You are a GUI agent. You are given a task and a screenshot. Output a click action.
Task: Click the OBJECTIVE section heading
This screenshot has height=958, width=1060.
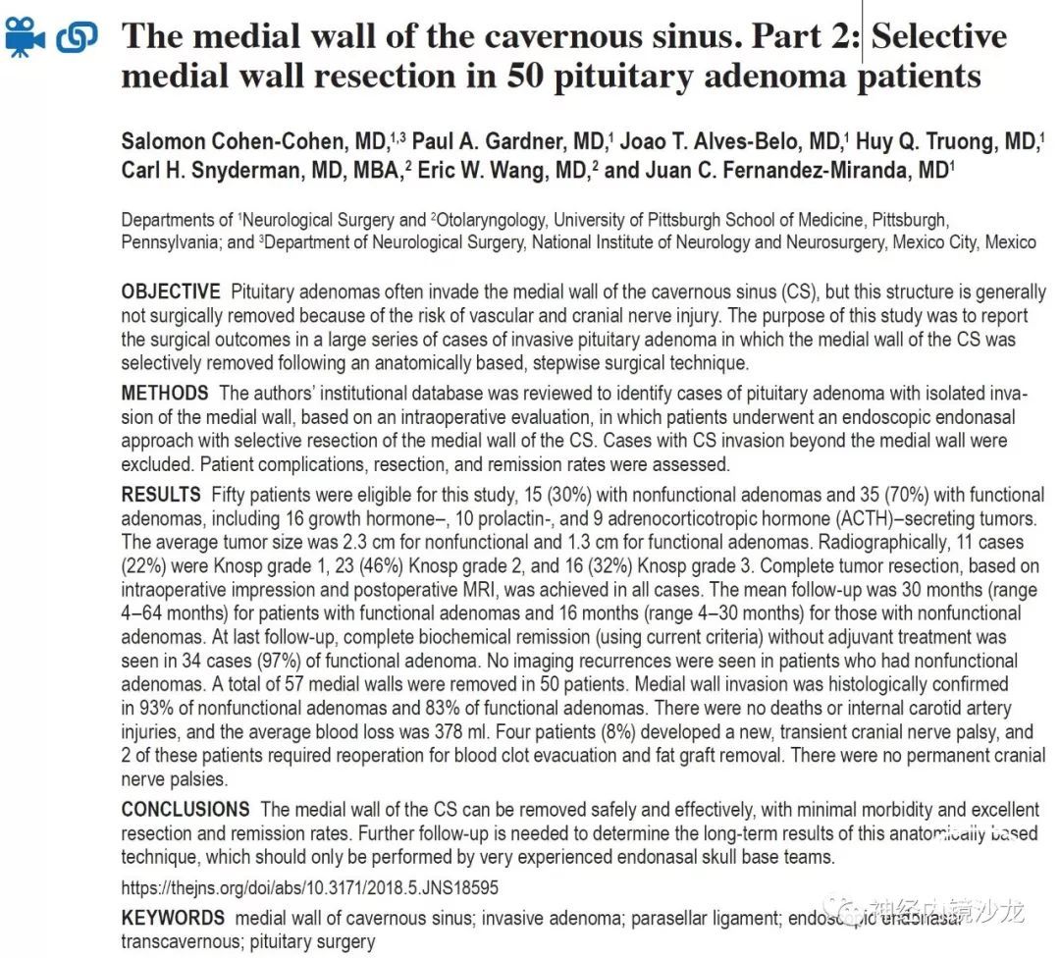[171, 292]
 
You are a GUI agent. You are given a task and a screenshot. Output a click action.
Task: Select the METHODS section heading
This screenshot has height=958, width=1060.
[165, 393]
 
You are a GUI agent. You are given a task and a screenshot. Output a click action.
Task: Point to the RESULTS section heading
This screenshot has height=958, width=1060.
[161, 494]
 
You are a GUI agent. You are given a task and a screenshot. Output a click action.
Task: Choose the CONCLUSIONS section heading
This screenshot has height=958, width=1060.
[185, 810]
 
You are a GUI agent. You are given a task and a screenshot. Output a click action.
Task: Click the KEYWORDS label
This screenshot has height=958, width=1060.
[173, 918]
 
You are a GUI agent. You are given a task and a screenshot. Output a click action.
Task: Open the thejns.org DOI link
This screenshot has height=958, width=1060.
[310, 887]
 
